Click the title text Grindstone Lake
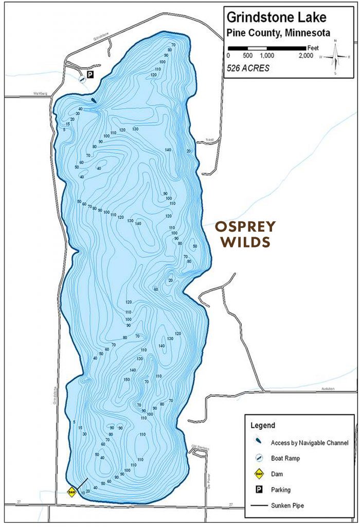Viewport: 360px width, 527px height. coord(277,17)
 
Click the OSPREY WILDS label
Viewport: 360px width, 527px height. coord(245,234)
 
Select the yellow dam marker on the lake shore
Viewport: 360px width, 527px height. coord(72,492)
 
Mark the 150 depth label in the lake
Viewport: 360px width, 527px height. coord(127,379)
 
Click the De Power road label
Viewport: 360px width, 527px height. coord(209,473)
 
